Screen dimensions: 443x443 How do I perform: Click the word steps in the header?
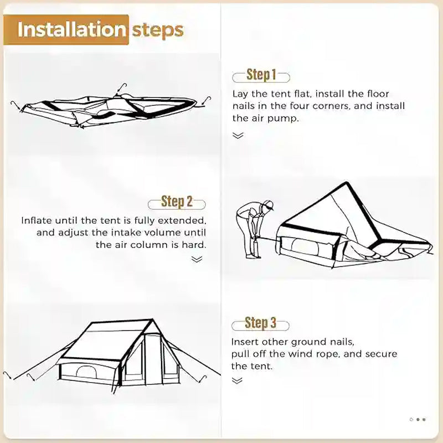157,29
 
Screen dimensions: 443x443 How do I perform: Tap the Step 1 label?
261,75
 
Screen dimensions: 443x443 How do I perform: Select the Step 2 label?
177,202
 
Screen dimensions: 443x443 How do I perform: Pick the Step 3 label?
260,323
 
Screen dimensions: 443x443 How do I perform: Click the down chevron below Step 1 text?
238,136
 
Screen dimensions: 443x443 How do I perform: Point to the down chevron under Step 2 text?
197,259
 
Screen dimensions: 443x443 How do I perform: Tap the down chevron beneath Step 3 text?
237,380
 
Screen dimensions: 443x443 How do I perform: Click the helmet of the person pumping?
268,205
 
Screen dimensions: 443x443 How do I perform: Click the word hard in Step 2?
194,245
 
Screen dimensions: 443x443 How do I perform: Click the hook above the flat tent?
122,87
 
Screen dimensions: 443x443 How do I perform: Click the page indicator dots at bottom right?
418,420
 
